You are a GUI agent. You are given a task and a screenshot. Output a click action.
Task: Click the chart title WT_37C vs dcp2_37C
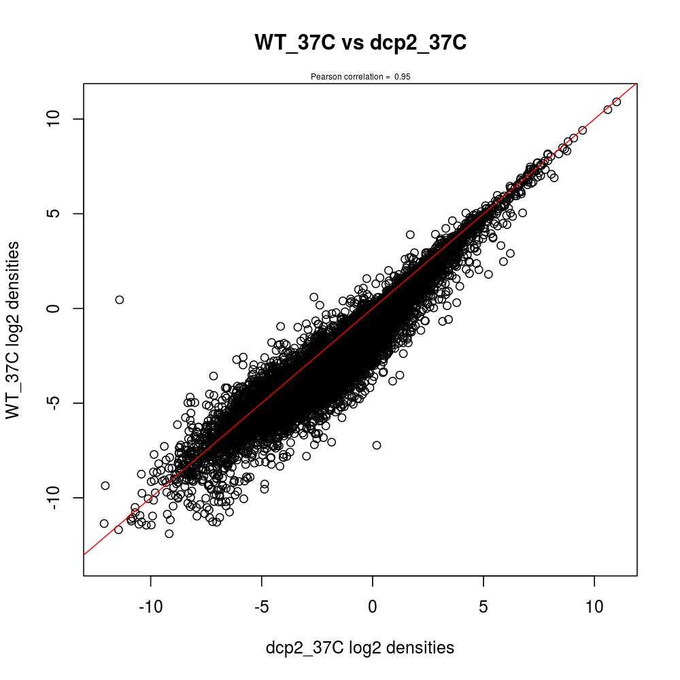(360, 42)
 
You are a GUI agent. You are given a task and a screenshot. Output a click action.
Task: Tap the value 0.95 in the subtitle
(402, 77)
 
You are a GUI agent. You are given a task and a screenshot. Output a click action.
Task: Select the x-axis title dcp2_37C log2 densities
(360, 648)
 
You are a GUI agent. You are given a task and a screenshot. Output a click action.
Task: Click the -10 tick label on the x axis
(150, 607)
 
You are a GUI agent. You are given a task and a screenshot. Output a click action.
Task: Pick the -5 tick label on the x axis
(261, 607)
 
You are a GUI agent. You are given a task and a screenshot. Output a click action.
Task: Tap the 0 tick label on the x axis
(373, 607)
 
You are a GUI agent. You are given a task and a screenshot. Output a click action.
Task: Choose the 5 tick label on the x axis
(483, 607)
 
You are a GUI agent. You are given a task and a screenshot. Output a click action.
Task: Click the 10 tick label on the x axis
(594, 607)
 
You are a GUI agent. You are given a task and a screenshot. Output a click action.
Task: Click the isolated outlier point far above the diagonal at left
(119, 299)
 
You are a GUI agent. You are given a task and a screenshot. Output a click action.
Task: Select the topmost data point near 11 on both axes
(616, 101)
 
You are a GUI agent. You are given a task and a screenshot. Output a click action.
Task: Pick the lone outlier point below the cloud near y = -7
(377, 445)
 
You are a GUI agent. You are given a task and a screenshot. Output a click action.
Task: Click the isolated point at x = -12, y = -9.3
(105, 486)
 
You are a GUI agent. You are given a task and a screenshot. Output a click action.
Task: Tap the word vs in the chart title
(354, 42)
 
